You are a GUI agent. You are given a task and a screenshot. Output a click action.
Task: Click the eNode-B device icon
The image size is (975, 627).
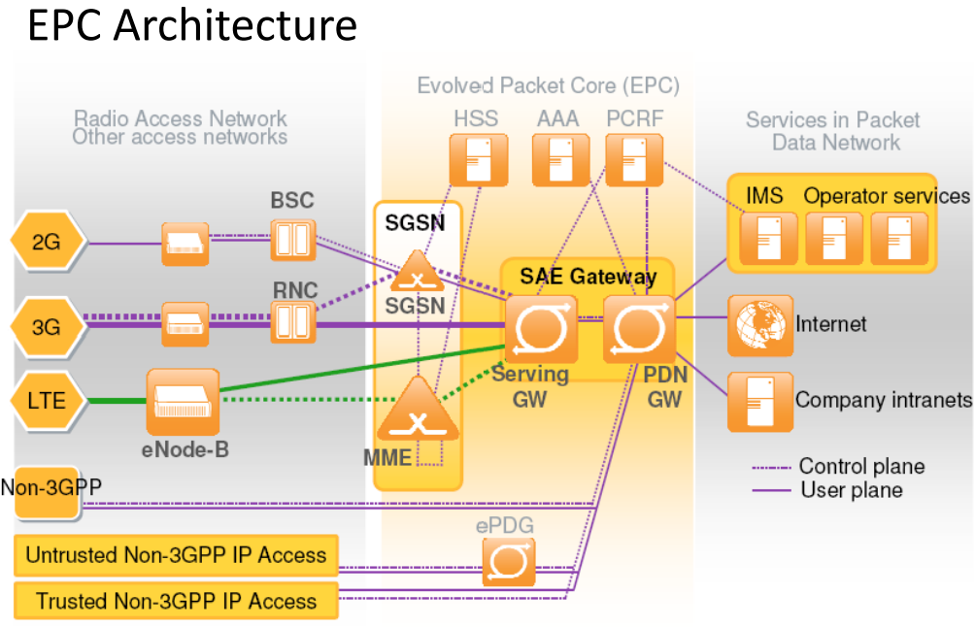pyautogui.click(x=183, y=402)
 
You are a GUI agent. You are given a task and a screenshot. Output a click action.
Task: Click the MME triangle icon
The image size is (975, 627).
pyautogui.click(x=418, y=412)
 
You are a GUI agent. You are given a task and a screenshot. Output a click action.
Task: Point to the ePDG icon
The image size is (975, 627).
pyautogui.click(x=509, y=561)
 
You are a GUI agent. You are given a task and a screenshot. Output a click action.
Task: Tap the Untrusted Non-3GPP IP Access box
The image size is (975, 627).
pyautogui.click(x=176, y=556)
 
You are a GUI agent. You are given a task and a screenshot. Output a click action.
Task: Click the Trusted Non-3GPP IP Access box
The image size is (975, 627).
pyautogui.click(x=176, y=601)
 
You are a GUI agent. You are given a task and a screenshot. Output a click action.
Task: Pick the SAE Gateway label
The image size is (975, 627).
pyautogui.click(x=588, y=277)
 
